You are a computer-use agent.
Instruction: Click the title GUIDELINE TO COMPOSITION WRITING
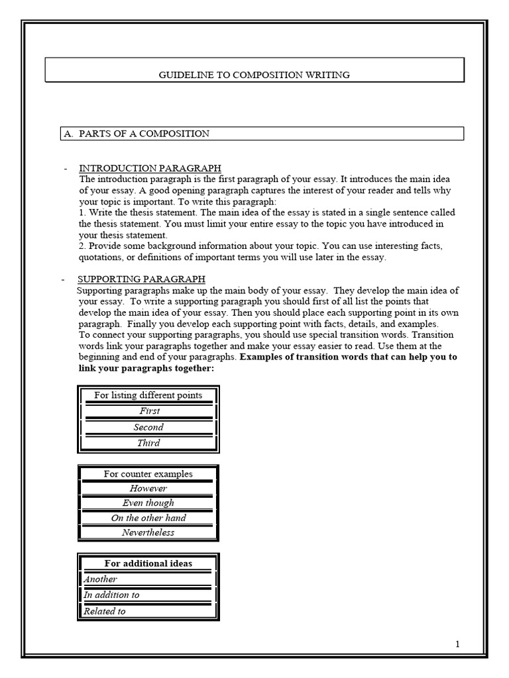[x=254, y=75]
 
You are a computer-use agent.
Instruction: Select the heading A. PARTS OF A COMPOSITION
[x=144, y=134]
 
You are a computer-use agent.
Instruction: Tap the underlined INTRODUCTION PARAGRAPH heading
[x=150, y=168]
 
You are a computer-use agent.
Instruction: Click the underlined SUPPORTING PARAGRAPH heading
[x=141, y=279]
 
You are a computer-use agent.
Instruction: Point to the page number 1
[x=457, y=644]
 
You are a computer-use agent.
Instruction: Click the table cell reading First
[x=148, y=411]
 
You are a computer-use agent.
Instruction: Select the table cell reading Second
[x=148, y=427]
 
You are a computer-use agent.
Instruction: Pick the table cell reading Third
[x=148, y=443]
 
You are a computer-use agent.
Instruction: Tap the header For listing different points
[x=148, y=395]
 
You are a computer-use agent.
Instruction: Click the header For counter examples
[x=148, y=474]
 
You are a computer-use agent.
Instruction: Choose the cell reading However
[x=148, y=489]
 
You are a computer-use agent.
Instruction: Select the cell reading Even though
[x=148, y=503]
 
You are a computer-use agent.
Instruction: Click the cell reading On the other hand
[x=148, y=518]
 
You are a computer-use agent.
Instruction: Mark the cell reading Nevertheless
[x=148, y=532]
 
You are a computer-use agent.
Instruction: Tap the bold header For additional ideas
[x=148, y=563]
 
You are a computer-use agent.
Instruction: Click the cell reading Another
[x=101, y=579]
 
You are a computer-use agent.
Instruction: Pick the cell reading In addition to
[x=111, y=595]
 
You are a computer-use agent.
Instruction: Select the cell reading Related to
[x=105, y=611]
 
